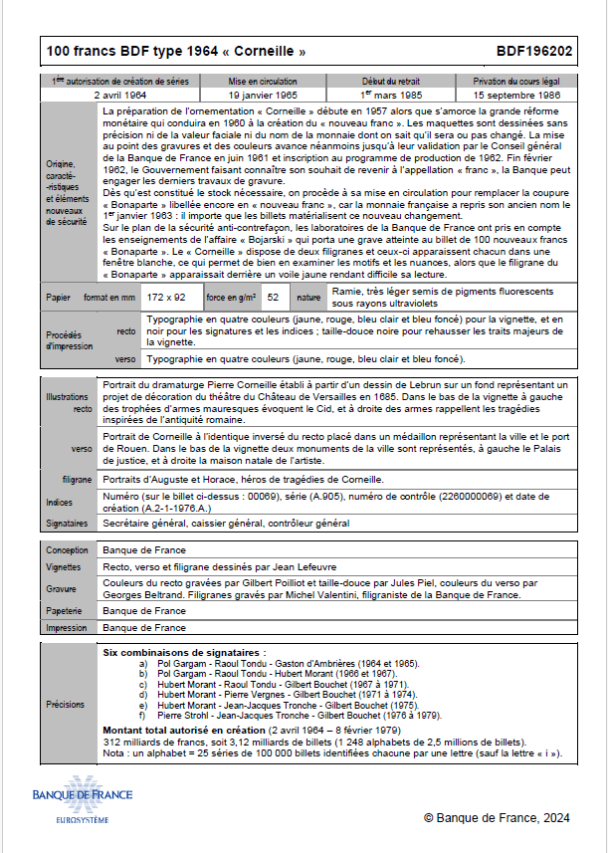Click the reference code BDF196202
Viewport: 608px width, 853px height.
(x=533, y=51)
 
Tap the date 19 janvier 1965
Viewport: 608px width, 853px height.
(x=263, y=95)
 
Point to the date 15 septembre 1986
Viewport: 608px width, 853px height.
(x=516, y=95)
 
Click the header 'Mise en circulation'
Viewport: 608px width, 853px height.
(x=263, y=81)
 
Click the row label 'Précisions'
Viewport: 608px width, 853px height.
(x=67, y=704)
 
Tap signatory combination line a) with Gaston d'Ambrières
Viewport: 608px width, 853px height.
(x=279, y=663)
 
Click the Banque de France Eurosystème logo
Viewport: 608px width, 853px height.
(x=82, y=805)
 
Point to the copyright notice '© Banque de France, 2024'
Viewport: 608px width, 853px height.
(x=497, y=817)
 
